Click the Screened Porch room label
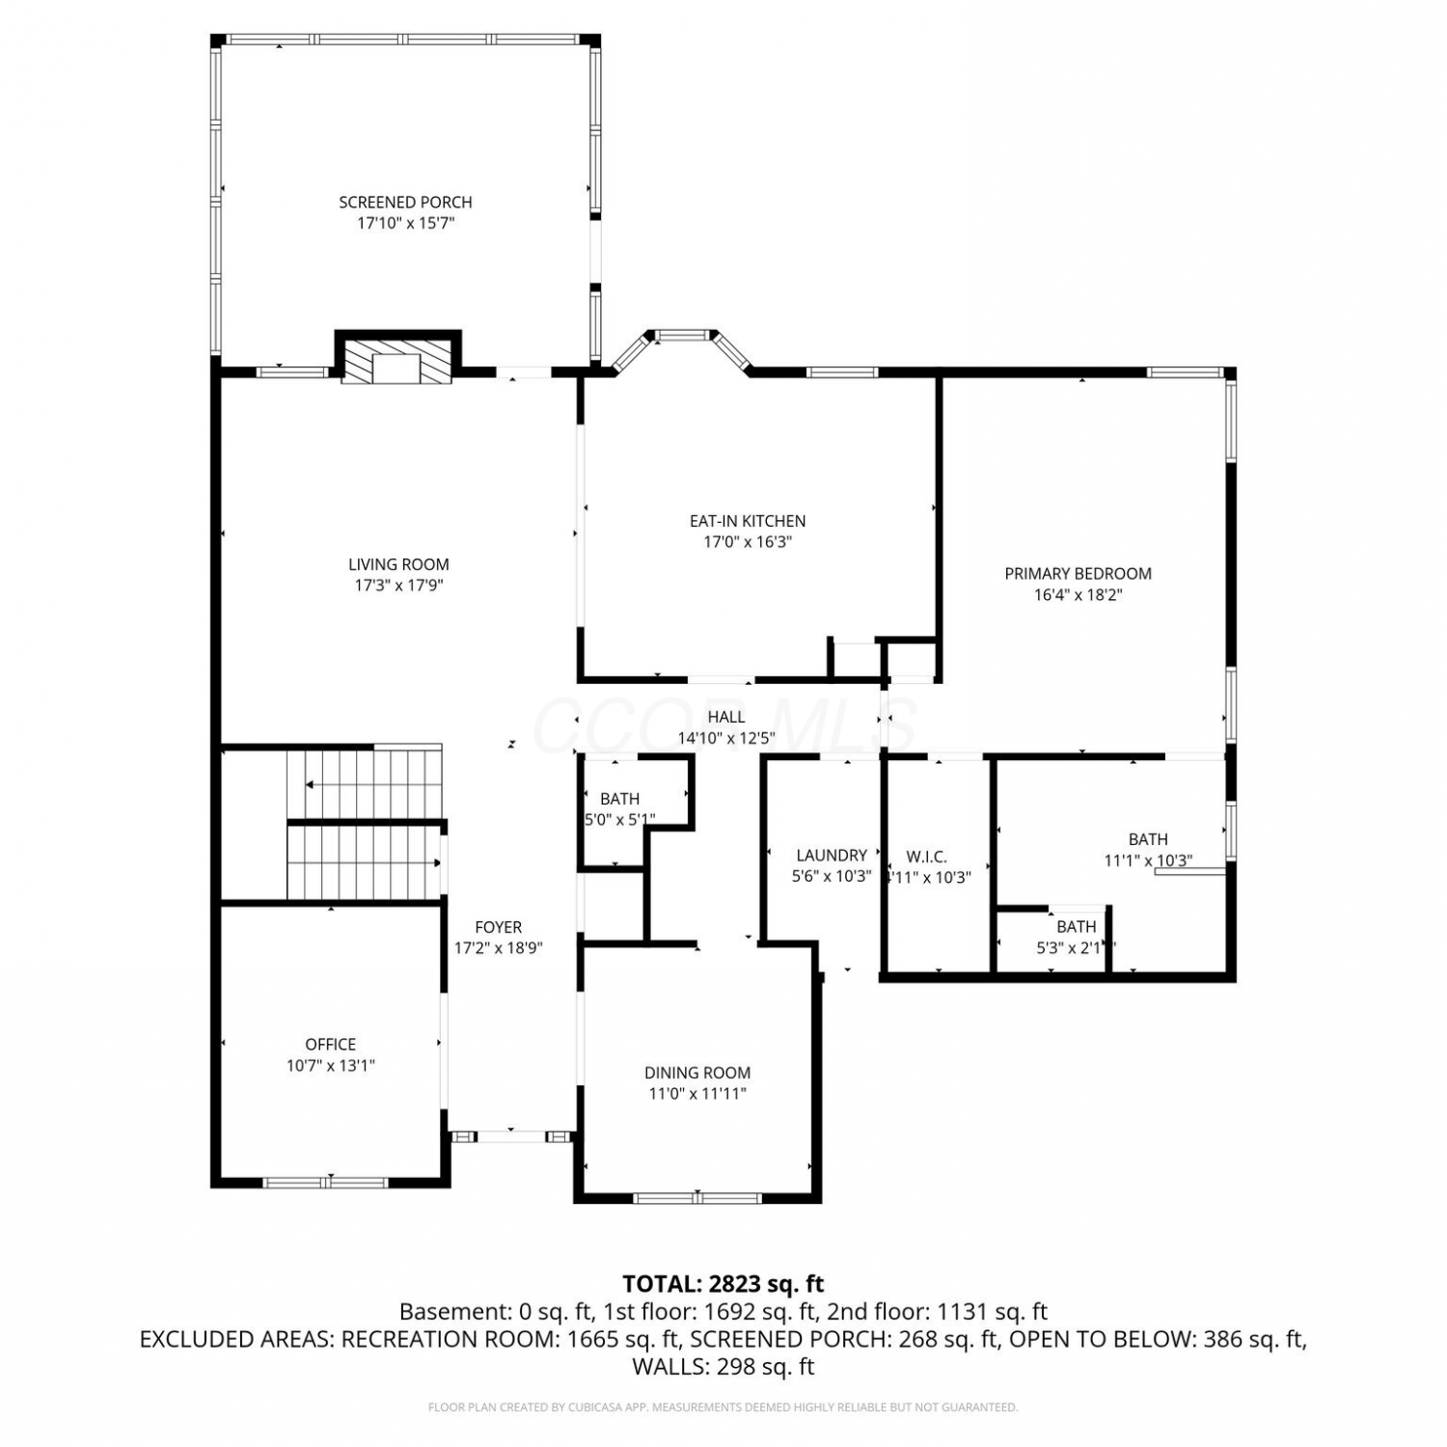[405, 203]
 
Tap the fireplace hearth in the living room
[397, 360]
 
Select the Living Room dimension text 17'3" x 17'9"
[398, 586]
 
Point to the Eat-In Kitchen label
[748, 521]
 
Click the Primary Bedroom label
[1078, 574]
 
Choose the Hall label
[726, 717]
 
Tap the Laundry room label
[832, 855]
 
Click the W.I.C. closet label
[927, 857]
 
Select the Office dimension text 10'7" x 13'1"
[331, 1066]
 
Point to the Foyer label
[499, 927]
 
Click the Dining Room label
[697, 1073]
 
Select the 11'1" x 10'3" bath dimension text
[1149, 860]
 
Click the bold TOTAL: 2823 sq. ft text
[723, 1284]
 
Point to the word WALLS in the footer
[667, 1367]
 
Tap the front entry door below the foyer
[512, 1136]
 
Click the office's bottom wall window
[326, 1182]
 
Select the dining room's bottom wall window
[696, 1198]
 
